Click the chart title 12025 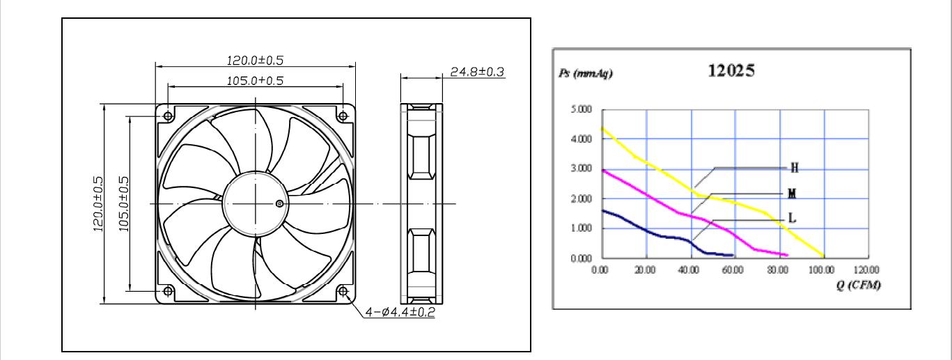tap(731, 70)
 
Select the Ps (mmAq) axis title tap(586, 74)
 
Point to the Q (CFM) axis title tap(859, 285)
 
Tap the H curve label tap(795, 168)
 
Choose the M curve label tap(792, 194)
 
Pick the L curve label tap(792, 218)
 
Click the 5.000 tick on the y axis tap(581, 109)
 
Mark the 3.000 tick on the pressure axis tap(581, 169)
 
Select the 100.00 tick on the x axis tap(822, 269)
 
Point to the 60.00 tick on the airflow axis tap(733, 269)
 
